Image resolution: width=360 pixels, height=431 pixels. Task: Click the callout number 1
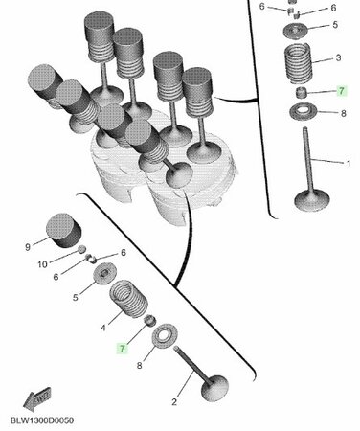349,163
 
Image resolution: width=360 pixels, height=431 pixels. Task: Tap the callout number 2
174,402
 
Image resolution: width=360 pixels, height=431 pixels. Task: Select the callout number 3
338,57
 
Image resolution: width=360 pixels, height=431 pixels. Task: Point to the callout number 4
103,328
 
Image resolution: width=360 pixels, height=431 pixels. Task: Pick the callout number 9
28,247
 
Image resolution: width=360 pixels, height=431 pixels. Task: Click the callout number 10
42,264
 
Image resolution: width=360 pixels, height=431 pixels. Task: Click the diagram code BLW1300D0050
42,420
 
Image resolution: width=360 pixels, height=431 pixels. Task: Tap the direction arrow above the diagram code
37,399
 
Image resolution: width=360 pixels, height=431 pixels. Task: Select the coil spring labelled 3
298,63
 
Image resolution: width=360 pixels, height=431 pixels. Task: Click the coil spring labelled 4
129,299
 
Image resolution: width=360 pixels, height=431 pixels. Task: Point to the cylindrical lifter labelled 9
64,231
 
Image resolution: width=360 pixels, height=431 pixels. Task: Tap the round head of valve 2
214,388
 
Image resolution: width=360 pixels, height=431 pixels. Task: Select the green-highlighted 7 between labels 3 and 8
341,91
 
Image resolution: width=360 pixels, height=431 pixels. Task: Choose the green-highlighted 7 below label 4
123,349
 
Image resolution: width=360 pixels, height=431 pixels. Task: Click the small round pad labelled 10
82,249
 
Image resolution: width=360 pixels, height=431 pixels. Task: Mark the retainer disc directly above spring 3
296,31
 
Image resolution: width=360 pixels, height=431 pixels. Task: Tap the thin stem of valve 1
308,159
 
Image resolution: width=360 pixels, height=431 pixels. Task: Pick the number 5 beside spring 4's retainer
76,298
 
